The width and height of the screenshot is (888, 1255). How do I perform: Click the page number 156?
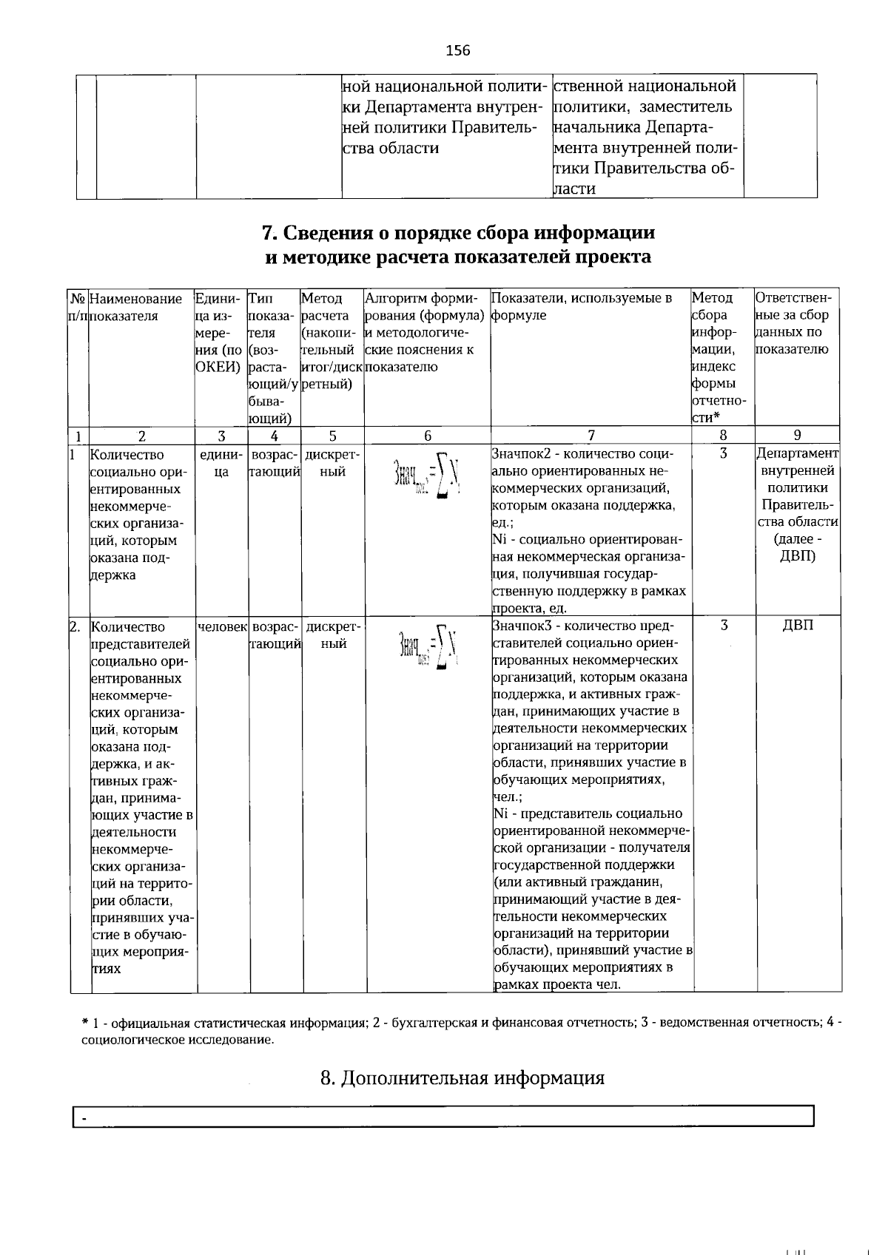click(x=457, y=50)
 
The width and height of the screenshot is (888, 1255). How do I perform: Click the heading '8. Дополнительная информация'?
click(x=462, y=1078)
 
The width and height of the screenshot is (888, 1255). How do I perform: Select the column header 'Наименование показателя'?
click(x=135, y=307)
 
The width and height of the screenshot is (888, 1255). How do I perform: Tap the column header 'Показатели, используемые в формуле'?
click(x=582, y=306)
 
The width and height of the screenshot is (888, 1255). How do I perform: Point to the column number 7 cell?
click(x=591, y=436)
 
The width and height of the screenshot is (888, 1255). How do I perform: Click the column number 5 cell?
click(x=332, y=436)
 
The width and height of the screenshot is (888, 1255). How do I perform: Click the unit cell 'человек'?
click(x=222, y=626)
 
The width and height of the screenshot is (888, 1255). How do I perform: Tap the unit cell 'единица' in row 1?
click(x=221, y=463)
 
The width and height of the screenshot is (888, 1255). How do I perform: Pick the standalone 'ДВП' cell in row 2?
click(x=798, y=626)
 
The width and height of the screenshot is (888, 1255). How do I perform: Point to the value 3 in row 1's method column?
click(x=723, y=453)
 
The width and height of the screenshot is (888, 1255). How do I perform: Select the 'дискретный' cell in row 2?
click(x=334, y=635)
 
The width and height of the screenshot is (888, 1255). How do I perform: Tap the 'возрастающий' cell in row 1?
click(x=275, y=463)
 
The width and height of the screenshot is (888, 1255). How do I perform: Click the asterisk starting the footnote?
click(x=84, y=1023)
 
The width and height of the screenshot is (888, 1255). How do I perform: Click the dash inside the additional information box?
click(x=84, y=1120)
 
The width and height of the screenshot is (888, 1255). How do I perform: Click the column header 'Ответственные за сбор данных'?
click(x=793, y=323)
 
